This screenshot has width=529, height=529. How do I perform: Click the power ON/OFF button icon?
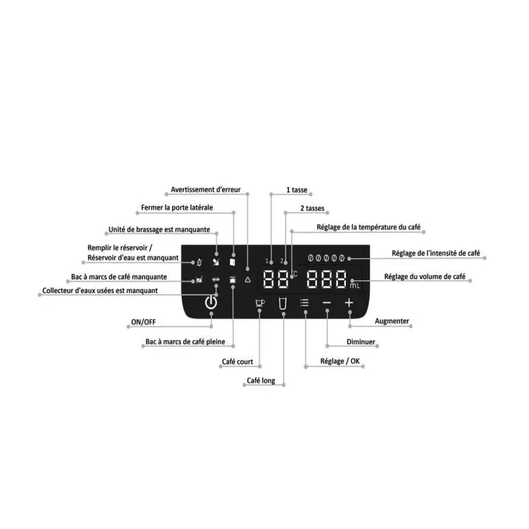(x=211, y=302)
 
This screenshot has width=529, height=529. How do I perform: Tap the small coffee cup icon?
(x=260, y=303)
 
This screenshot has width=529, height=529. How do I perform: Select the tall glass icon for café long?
(x=283, y=304)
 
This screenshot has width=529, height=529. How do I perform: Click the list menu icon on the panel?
(x=304, y=303)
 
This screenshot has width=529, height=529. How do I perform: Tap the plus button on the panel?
(x=349, y=303)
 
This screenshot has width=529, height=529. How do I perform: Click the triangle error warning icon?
(x=248, y=279)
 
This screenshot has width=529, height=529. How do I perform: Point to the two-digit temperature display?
(x=276, y=279)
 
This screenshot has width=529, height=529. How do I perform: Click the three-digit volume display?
(x=327, y=279)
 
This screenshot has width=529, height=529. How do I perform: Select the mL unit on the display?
(x=354, y=286)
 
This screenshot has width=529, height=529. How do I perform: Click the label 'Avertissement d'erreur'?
(x=206, y=190)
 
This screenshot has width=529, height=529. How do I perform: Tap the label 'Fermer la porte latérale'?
(x=177, y=208)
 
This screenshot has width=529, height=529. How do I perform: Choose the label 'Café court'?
(x=237, y=362)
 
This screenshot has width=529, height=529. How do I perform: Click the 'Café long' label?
(x=261, y=381)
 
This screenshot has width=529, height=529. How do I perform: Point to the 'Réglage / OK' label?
(x=340, y=361)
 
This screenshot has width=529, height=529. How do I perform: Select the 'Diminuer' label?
(x=360, y=342)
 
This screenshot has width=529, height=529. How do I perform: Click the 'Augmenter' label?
(x=391, y=321)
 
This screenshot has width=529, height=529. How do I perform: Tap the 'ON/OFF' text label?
(x=143, y=322)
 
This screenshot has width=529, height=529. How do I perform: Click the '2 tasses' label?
(x=312, y=208)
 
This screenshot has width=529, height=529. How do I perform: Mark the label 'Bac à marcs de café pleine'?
(x=185, y=342)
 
